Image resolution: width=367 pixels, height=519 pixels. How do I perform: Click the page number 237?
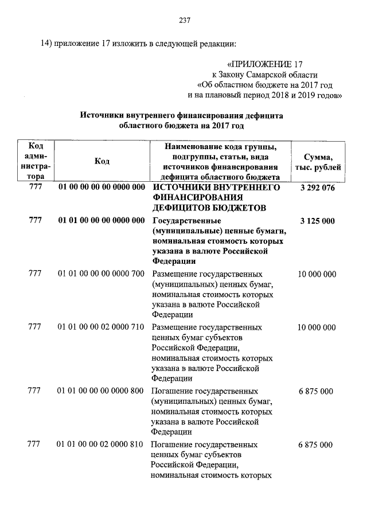[x=183, y=21]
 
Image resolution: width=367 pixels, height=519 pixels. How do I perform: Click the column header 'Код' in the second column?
[x=102, y=162]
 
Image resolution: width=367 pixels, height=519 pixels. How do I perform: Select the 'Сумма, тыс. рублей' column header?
[x=317, y=162]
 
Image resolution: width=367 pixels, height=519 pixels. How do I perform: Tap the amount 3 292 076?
[x=317, y=188]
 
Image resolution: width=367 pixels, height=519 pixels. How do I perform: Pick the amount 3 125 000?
[x=317, y=221]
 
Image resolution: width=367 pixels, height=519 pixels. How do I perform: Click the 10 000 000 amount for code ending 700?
[x=317, y=274]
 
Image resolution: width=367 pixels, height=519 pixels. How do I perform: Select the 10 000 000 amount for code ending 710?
[x=317, y=327]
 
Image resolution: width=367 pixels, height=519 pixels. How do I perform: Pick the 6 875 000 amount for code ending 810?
[x=317, y=444]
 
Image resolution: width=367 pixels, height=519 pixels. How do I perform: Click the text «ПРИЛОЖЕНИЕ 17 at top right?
[x=264, y=63]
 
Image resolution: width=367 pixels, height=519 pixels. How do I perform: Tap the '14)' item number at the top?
[x=45, y=44]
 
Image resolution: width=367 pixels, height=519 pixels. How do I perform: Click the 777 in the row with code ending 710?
[x=35, y=327]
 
